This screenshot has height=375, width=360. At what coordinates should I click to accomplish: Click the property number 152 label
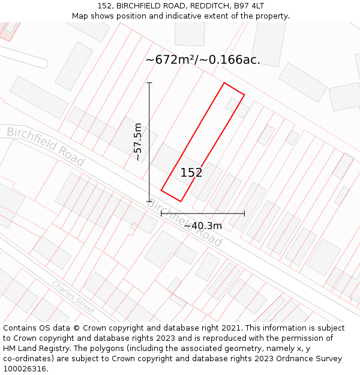coord(191,173)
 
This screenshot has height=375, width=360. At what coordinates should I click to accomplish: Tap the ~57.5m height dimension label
coord(138,142)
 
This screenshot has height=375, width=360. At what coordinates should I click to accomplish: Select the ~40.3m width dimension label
coord(203,226)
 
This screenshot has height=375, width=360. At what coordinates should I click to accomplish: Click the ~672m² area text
coord(170,60)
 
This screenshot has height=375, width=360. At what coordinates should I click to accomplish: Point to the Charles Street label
coord(73,297)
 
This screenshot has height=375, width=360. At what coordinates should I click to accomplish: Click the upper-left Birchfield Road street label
coord(46,146)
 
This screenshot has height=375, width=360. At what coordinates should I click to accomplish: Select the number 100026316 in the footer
coord(25,368)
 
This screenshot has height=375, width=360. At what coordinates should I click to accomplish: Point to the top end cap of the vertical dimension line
coord(149,83)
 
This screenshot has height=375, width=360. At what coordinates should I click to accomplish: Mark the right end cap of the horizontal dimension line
coord(244,213)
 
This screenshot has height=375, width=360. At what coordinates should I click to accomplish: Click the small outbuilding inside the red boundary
coord(238,107)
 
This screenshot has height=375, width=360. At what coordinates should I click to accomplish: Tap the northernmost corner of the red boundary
coord(224,83)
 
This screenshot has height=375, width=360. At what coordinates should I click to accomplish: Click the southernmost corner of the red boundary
coord(180,201)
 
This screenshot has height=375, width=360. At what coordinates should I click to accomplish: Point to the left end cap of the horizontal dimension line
coord(161,213)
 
